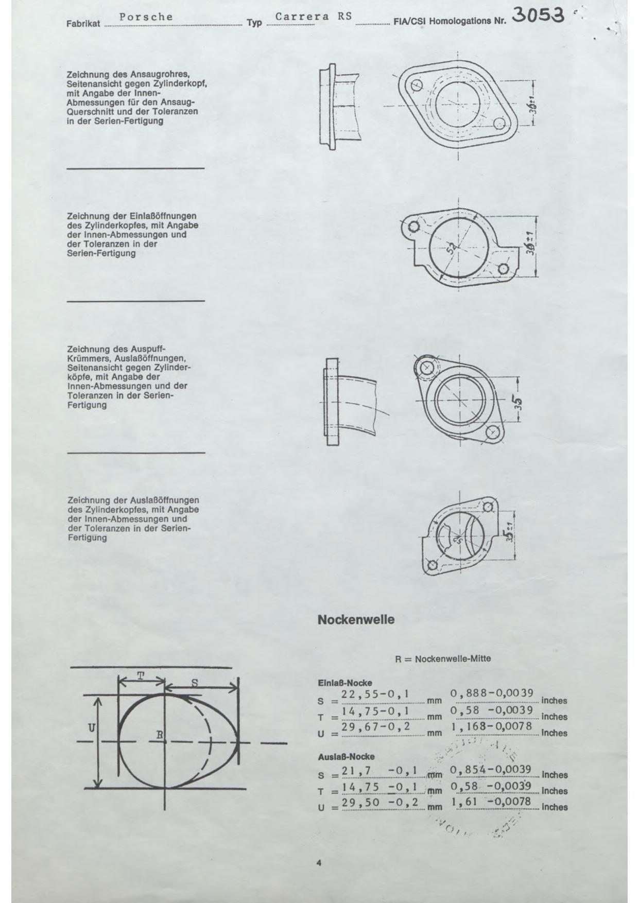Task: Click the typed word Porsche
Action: point(146,17)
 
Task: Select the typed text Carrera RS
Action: point(314,16)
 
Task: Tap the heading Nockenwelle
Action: point(356,620)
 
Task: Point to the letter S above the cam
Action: point(195,683)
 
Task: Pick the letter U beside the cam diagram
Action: point(92,727)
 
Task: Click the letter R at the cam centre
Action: point(160,735)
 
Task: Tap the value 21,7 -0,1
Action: point(378,770)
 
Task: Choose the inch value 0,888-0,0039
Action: point(492,693)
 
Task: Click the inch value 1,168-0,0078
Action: point(492,726)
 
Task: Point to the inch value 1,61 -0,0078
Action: point(492,802)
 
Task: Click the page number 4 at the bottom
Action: point(319,863)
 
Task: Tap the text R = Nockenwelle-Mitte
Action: point(443,658)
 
